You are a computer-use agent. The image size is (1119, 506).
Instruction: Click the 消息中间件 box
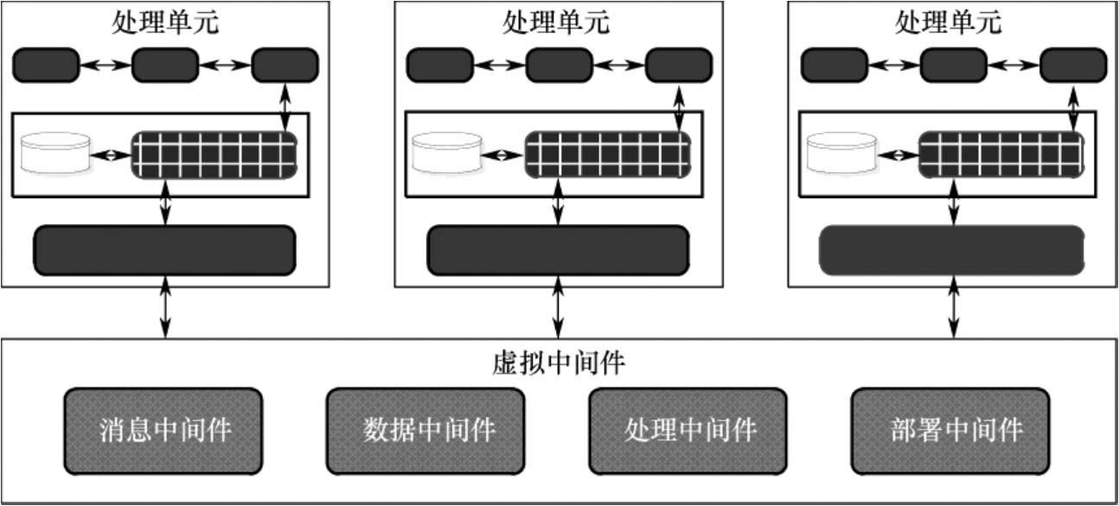click(163, 430)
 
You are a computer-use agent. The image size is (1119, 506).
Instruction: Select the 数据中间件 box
click(425, 430)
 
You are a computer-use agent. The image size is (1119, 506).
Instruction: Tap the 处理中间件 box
click(688, 430)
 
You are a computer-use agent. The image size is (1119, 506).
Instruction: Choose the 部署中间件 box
click(951, 430)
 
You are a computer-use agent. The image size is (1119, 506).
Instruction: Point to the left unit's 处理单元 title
click(165, 22)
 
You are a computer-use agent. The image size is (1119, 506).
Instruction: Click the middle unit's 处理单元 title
click(556, 22)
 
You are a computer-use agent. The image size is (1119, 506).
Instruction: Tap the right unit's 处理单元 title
click(949, 22)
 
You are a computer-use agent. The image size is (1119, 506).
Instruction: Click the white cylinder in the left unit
click(56, 153)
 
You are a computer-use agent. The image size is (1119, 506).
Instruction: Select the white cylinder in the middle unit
click(446, 153)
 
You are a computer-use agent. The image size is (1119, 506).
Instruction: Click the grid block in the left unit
click(214, 155)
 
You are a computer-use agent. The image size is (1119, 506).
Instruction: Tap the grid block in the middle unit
click(608, 155)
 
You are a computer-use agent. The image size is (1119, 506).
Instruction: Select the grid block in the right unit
click(999, 155)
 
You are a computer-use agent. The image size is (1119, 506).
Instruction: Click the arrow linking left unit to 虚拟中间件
click(165, 312)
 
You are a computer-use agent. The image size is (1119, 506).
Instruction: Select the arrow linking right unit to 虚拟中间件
click(954, 312)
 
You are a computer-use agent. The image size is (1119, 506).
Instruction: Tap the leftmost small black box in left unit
click(45, 65)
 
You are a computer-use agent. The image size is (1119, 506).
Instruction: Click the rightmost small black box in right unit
click(1072, 65)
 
